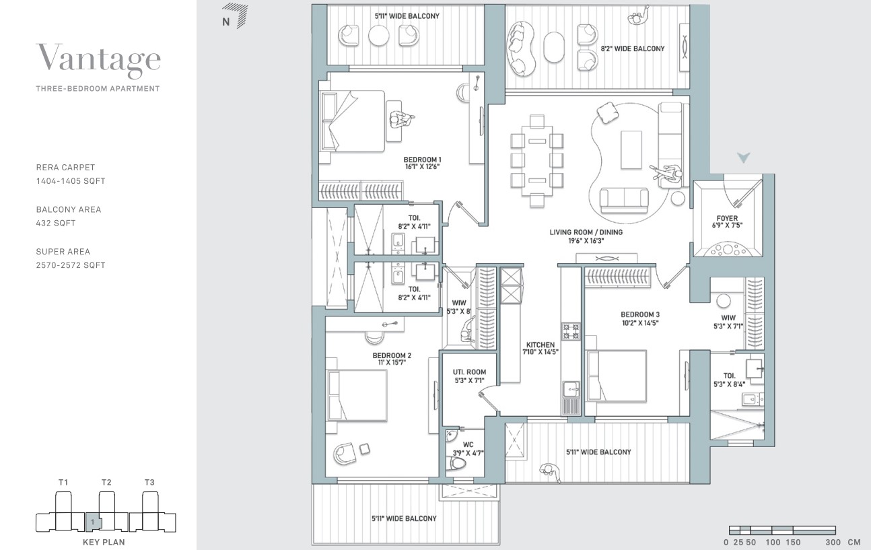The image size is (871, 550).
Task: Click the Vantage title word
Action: pos(98,59)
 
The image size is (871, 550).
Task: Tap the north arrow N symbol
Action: pos(234,16)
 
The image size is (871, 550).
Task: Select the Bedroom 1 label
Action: pos(422,163)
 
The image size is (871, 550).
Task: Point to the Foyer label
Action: pos(727,221)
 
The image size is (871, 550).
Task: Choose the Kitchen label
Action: pos(541,348)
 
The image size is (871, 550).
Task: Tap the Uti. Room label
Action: pos(469,376)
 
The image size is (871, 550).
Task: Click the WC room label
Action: pos(468,448)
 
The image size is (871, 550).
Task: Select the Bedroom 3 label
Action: pos(640,318)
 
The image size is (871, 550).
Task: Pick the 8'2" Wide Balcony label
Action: pos(633,48)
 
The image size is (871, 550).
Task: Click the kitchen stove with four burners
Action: pos(571,331)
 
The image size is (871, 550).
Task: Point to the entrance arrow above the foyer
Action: pos(744,157)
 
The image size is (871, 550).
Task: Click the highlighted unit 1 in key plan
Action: pos(94,522)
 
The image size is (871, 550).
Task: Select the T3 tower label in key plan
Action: pos(149,482)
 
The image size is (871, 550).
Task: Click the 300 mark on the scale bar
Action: pos(833,542)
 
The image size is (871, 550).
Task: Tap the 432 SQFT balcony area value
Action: pos(56,223)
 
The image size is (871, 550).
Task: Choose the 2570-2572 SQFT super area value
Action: pos(71,265)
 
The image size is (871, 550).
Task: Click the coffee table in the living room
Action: pos(631,149)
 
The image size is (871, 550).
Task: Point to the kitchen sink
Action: pos(571,390)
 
